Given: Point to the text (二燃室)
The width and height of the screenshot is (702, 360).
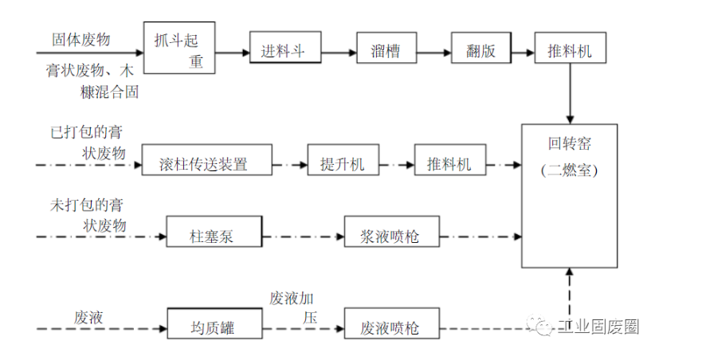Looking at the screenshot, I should (x=569, y=170).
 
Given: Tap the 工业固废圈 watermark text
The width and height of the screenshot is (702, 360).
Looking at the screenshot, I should (x=597, y=327).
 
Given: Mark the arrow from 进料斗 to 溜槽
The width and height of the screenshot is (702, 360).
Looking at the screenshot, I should (x=338, y=53).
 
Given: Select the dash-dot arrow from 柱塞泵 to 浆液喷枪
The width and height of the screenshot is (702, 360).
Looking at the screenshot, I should (x=302, y=236).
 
